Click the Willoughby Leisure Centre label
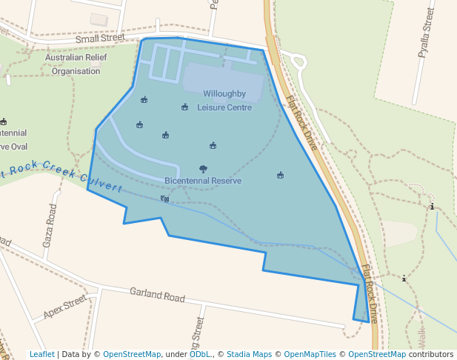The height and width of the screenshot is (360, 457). click(x=224, y=101)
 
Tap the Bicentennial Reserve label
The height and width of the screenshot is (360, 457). click(x=203, y=181)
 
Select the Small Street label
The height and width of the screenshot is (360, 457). click(x=100, y=38)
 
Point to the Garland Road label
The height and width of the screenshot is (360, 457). click(x=157, y=294)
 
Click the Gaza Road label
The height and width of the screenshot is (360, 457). click(x=51, y=225)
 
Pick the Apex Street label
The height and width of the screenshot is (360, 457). click(x=64, y=308)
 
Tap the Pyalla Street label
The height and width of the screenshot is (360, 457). click(x=427, y=33)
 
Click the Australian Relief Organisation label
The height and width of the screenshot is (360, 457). click(x=73, y=64)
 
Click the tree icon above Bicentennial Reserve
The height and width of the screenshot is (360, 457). click(x=204, y=170)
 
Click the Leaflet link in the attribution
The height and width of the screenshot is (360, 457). click(x=42, y=354)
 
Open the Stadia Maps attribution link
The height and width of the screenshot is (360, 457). click(x=249, y=354)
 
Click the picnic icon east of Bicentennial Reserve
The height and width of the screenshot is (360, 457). click(x=280, y=176)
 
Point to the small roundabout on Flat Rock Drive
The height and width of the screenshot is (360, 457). click(x=298, y=61)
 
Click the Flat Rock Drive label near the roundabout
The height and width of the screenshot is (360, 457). click(x=302, y=122)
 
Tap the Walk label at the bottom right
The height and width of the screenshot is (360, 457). click(x=422, y=339)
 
